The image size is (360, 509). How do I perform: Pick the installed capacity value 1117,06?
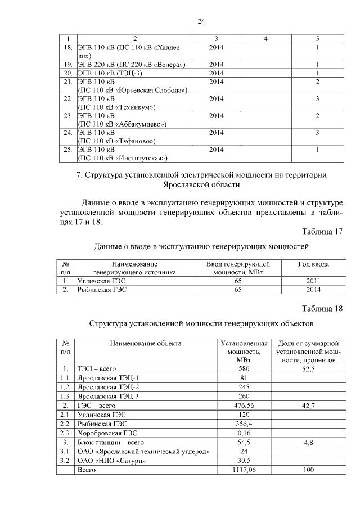[x=244, y=469]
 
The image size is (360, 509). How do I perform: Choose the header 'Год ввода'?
[x=313, y=264]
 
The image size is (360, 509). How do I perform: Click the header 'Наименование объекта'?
[x=146, y=343]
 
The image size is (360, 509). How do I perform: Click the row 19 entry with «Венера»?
[x=132, y=64]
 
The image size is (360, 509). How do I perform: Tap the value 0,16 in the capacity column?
[x=244, y=433]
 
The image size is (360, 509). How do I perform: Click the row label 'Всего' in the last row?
[x=87, y=469]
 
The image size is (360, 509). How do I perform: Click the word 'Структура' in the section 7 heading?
[x=108, y=175]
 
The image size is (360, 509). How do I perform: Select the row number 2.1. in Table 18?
[x=66, y=414]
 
